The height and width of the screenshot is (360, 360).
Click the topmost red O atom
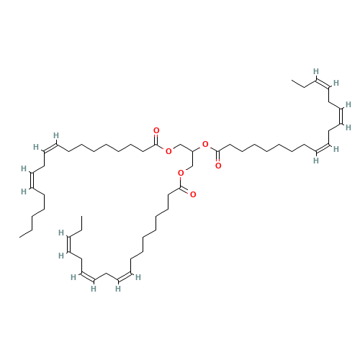click(x=157, y=131)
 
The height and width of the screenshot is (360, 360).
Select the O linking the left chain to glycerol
click(x=168, y=151)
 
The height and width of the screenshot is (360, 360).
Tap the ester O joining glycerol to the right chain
click(x=206, y=145)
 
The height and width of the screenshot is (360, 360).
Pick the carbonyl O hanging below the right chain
click(x=217, y=166)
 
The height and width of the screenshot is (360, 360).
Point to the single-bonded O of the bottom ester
click(x=180, y=173)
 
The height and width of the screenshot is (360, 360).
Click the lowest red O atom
click(x=194, y=194)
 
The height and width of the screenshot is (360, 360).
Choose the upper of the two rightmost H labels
click(x=348, y=104)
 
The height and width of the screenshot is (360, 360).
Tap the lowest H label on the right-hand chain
click(x=316, y=160)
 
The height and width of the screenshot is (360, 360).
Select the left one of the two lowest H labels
click(x=93, y=289)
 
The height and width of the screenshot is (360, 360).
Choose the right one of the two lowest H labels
click(x=115, y=289)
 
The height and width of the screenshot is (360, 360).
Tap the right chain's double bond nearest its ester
click(x=321, y=148)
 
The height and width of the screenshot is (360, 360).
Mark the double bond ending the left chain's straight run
click(x=49, y=147)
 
